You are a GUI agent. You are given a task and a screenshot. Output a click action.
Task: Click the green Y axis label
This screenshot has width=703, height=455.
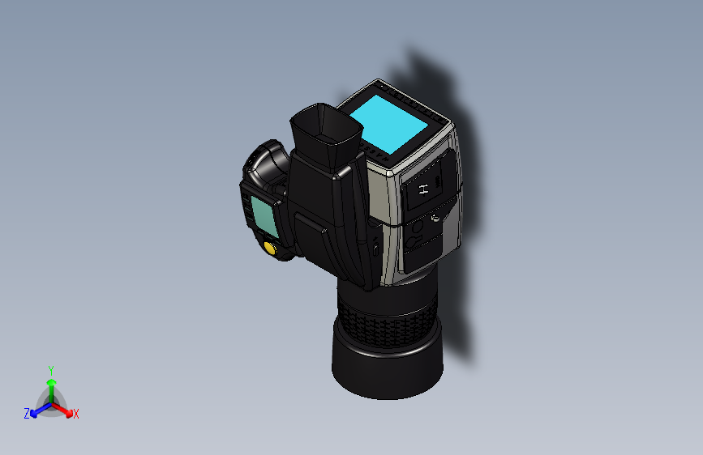(x=51, y=369)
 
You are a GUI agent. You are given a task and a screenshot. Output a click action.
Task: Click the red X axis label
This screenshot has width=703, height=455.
(x=76, y=415)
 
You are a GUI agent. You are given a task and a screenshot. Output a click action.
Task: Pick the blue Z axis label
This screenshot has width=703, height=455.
(x=27, y=414)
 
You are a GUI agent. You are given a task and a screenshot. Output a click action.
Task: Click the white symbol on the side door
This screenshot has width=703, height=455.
(x=422, y=190)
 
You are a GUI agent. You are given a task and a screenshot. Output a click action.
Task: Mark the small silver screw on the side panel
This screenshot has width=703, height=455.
(x=436, y=217)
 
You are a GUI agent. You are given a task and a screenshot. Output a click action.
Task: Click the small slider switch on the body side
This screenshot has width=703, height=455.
(x=375, y=247)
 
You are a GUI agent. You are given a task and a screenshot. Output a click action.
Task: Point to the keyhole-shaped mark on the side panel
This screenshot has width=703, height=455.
(x=414, y=240)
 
